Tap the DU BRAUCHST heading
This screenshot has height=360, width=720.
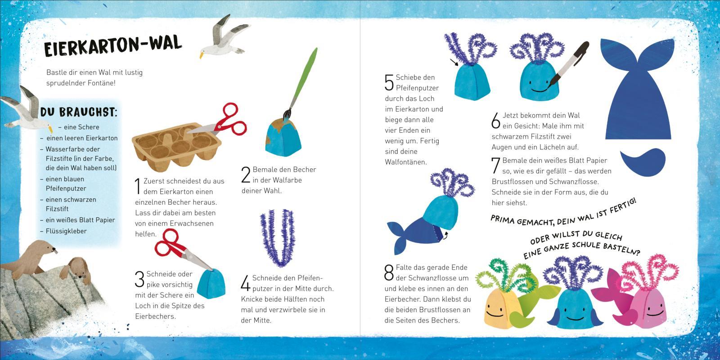pyautogui.click(x=79, y=112)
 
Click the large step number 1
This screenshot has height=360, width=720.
pyautogui.click(x=138, y=186)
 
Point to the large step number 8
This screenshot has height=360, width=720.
pyautogui.click(x=389, y=273)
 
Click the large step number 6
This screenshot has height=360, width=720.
pyautogui.click(x=496, y=121)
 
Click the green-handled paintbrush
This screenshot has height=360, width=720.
pyautogui.click(x=301, y=84)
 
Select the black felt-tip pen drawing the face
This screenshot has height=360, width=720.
pyautogui.click(x=568, y=64)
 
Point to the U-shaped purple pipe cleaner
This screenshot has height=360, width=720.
pyautogui.click(x=277, y=238)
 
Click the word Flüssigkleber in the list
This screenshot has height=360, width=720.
pyautogui.click(x=66, y=231)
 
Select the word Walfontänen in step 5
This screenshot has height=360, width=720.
pyautogui.click(x=406, y=162)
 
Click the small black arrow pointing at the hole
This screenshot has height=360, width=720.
pyautogui.click(x=454, y=62)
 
